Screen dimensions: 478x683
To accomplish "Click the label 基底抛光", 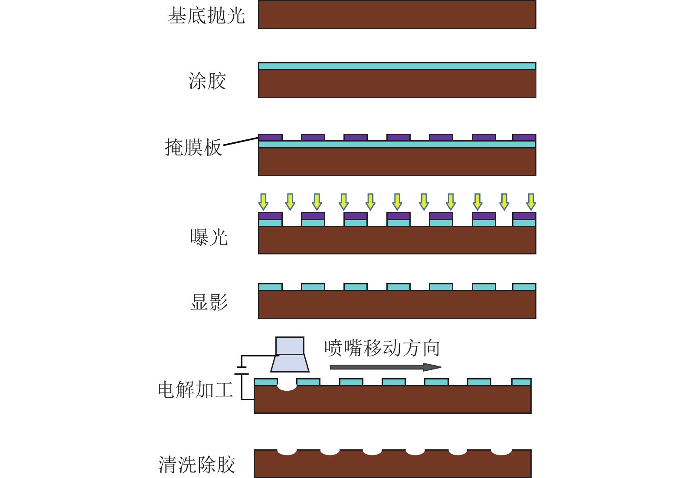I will pos(206,16).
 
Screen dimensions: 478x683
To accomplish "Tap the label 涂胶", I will pos(207,81).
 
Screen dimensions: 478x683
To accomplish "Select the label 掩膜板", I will pos(193,148).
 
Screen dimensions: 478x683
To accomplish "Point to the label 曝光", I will pos(209,237).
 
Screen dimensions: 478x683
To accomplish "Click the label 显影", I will pos(209,302).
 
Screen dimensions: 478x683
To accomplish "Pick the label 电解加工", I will pos(195,389).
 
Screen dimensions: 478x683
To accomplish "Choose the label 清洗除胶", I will pos(196,465).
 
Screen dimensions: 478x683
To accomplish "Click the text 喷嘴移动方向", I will pos(382,348).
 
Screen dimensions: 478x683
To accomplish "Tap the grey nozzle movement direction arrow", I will pos(385,367).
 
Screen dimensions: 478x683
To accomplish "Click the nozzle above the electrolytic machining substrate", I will pos(290,355).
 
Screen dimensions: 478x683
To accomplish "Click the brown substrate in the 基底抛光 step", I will pos(397,15).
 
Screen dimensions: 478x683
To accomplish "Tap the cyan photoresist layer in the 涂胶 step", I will pos(397,66).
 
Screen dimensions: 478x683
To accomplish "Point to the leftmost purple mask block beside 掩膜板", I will pos(270,137).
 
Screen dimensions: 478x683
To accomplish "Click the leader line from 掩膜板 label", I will pos(241,141).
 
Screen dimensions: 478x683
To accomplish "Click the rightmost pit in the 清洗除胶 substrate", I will pos(501,452).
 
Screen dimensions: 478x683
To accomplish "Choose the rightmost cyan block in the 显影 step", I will pos(524,287).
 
